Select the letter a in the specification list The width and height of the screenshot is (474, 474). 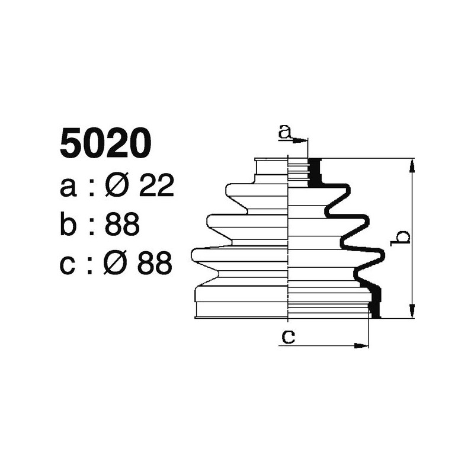click(x=69, y=188)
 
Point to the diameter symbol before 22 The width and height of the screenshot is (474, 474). click(x=117, y=187)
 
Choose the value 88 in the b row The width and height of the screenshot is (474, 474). click(x=122, y=225)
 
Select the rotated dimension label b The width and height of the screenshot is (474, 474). click(x=402, y=237)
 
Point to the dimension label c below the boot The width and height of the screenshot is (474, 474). click(x=288, y=337)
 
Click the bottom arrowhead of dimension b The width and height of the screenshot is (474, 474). click(x=412, y=313)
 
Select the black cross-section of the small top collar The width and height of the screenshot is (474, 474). click(x=315, y=172)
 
